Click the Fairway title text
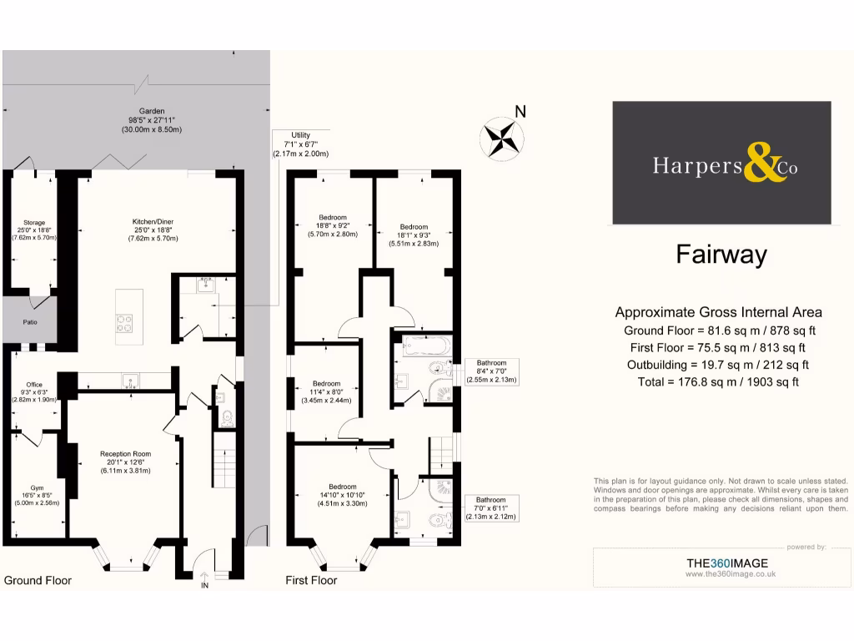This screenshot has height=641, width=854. [721, 255]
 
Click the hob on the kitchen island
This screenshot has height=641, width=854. [126, 321]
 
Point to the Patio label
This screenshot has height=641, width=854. [29, 321]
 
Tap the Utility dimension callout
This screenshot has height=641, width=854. [300, 144]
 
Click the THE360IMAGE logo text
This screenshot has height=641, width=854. [726, 563]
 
